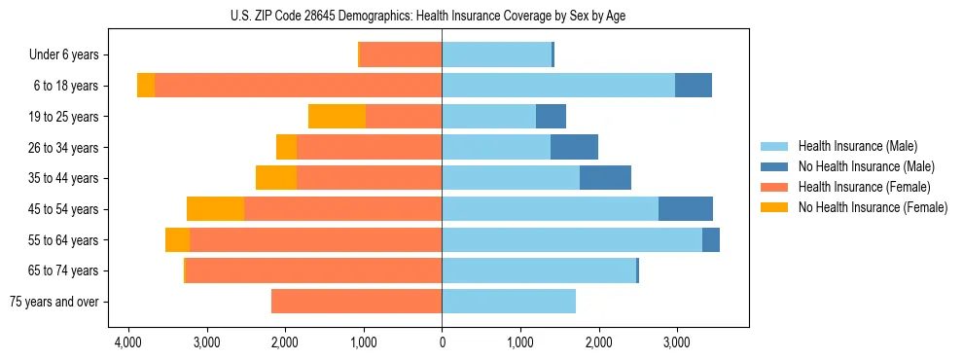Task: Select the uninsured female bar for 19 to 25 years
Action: pyautogui.click(x=337, y=117)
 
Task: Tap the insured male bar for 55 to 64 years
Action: pyautogui.click(x=572, y=239)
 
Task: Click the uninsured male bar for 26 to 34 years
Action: pyautogui.click(x=574, y=147)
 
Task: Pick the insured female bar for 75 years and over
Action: pyautogui.click(x=356, y=302)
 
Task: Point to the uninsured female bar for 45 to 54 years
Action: pyautogui.click(x=215, y=209)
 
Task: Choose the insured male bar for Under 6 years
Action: pyautogui.click(x=496, y=54)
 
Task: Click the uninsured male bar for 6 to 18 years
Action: pyautogui.click(x=694, y=86)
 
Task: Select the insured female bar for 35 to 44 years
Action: pyautogui.click(x=369, y=178)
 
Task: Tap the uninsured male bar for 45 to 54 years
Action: pyautogui.click(x=686, y=209)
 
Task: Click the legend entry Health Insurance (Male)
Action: pyautogui.click(x=857, y=146)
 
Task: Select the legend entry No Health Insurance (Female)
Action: pyautogui.click(x=873, y=207)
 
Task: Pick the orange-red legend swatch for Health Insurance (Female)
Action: pyautogui.click(x=774, y=187)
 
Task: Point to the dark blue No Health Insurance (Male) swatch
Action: pyautogui.click(x=774, y=166)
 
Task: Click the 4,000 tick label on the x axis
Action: pyautogui.click(x=127, y=342)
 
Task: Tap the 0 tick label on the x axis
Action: pyautogui.click(x=442, y=342)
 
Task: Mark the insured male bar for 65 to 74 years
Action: pyautogui.click(x=539, y=270)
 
